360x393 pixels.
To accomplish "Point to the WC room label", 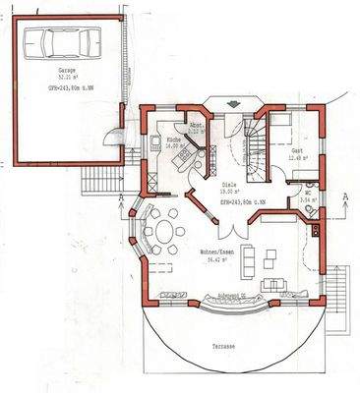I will (307, 193).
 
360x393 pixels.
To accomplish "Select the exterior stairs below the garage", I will (101, 181).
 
